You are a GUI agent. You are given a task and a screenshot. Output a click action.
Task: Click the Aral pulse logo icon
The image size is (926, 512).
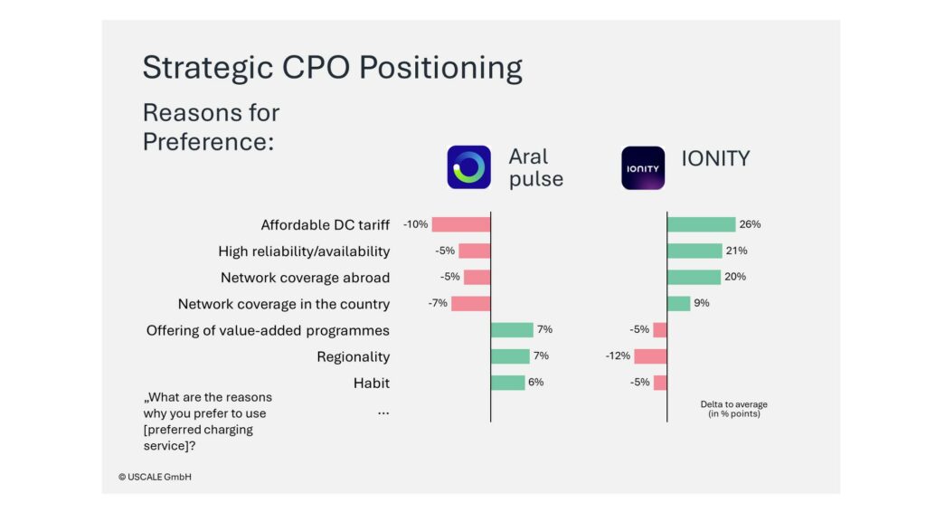(x=468, y=167)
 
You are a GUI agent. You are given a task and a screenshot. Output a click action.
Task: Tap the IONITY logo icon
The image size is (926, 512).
(x=643, y=167)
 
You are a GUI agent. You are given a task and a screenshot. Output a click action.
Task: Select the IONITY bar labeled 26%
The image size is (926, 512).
(x=701, y=224)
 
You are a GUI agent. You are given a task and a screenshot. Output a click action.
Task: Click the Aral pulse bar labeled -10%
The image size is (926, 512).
(x=461, y=224)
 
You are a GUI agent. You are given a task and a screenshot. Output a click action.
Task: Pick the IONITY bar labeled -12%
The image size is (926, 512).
(x=651, y=356)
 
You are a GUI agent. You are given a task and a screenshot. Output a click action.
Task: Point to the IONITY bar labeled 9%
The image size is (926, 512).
(x=678, y=304)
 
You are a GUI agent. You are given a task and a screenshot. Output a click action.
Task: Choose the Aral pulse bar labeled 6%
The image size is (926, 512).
(x=507, y=383)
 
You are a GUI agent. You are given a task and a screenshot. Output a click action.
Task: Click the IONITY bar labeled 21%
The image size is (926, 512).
(x=694, y=251)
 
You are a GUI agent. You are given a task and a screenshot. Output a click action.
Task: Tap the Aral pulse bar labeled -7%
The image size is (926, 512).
(x=470, y=304)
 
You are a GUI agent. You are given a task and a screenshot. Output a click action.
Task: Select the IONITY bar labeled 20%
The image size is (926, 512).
(x=694, y=277)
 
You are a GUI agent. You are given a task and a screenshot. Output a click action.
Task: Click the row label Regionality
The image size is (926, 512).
(x=353, y=357)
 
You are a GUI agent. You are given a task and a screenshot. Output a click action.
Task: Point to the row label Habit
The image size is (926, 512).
(x=371, y=384)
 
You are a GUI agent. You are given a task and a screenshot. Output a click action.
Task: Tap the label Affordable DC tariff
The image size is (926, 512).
(x=325, y=225)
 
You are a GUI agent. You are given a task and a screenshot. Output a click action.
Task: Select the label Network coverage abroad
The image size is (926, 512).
(x=305, y=278)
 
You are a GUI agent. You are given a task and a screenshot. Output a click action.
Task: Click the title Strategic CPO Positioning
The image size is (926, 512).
(x=332, y=69)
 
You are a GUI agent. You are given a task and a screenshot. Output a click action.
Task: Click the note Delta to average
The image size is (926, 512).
(x=733, y=404)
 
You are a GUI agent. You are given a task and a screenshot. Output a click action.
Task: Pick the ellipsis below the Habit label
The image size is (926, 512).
(x=383, y=412)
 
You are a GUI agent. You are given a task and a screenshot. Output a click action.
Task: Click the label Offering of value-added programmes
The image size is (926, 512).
(x=268, y=330)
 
